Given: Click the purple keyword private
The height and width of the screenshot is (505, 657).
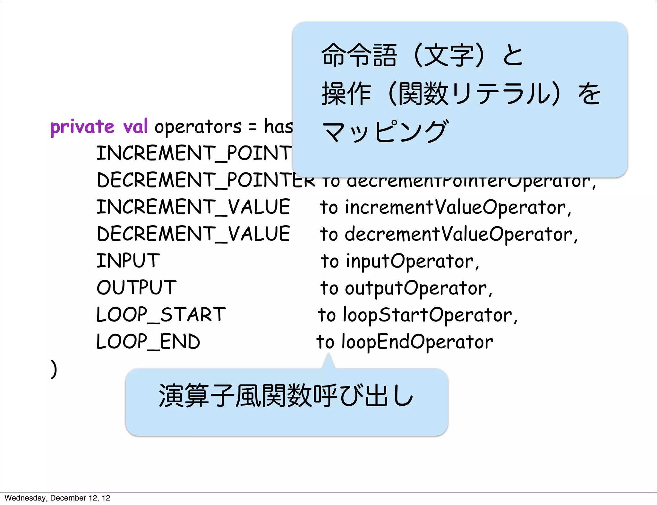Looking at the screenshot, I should tap(82, 127).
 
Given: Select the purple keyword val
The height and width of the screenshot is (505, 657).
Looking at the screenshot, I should tap(135, 126).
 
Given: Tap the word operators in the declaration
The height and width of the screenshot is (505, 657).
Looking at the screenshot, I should tap(198, 127).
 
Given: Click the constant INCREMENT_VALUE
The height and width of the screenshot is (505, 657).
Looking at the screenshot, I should tap(193, 207).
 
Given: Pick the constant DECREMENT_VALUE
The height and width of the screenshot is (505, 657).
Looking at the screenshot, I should tap(193, 234).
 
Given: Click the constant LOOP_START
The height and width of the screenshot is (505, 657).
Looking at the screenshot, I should tap(161, 314).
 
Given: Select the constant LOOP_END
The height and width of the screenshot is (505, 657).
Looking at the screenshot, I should tap(148, 341).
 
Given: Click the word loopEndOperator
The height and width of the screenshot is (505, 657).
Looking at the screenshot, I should tap(417, 342).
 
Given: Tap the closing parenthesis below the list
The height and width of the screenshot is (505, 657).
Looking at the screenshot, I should tap(54, 369).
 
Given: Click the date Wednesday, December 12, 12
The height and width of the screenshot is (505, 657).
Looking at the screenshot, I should tap(57, 498).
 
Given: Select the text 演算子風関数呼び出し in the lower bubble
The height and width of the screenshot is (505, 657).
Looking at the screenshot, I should tap(286, 396).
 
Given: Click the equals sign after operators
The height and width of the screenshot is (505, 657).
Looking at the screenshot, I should tap(252, 127).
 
